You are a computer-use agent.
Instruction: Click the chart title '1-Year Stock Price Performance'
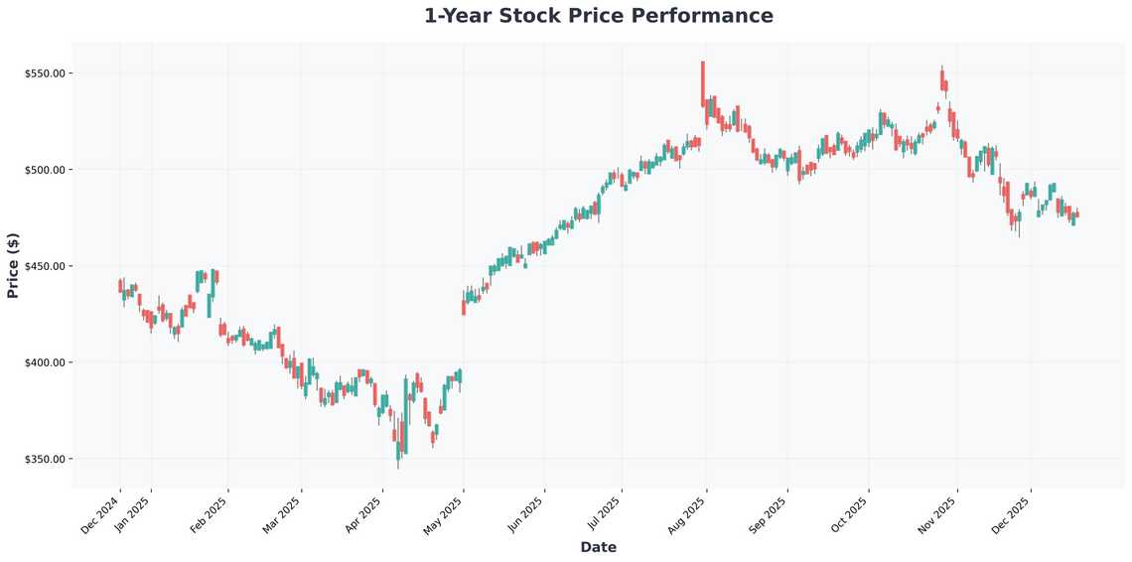click(598, 16)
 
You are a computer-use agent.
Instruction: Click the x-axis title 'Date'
click(598, 547)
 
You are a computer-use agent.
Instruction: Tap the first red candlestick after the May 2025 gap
click(464, 308)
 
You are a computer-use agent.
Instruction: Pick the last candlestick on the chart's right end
click(1077, 214)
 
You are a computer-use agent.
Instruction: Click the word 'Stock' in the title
click(548, 16)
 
